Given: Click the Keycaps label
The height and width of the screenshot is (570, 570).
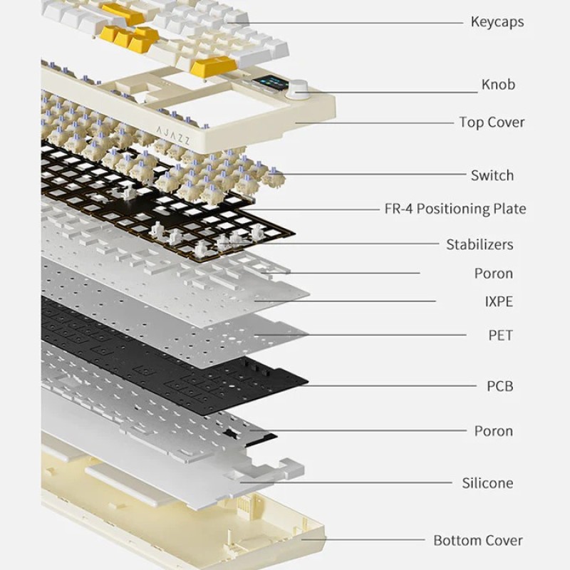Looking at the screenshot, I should click(497, 22).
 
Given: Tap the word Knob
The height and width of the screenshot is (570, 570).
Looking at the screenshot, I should click(498, 85).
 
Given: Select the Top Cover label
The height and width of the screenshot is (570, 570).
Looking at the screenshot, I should click(492, 123).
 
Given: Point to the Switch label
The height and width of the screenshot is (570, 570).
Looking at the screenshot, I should click(492, 175).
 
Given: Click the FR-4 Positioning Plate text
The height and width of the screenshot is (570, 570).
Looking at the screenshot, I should click(455, 209).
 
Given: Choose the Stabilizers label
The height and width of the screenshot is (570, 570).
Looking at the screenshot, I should click(480, 245).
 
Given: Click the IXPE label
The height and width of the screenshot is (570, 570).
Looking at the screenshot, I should click(498, 302).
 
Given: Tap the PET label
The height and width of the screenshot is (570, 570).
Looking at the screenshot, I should click(500, 336).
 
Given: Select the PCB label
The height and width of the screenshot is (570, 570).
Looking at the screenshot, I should click(499, 387).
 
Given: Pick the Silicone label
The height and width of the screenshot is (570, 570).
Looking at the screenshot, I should click(487, 484).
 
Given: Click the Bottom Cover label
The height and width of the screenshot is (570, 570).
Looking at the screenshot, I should click(478, 541).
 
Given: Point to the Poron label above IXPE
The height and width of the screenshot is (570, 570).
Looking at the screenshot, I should click(493, 274).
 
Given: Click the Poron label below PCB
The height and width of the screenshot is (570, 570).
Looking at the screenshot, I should click(493, 431).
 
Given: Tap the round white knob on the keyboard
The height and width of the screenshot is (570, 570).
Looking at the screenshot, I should click(296, 90).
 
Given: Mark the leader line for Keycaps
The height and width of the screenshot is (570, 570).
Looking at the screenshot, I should click(356, 22).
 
